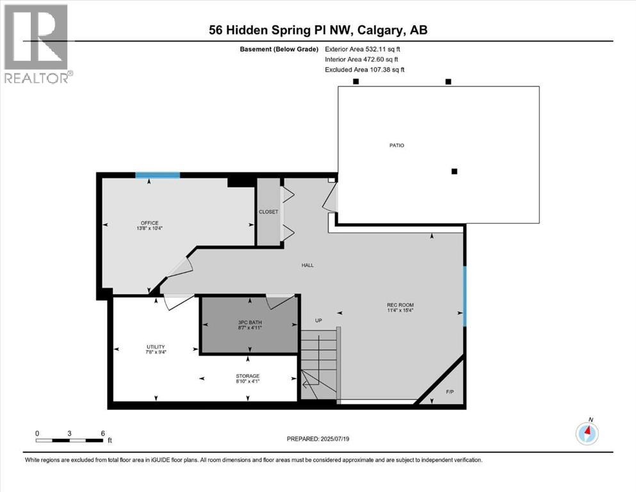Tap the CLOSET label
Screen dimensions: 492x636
(x=268, y=212)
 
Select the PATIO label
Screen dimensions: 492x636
(x=397, y=145)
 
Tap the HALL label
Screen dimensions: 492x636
(x=307, y=265)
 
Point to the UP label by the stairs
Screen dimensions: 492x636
(x=318, y=320)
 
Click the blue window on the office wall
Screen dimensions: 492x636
(x=158, y=175)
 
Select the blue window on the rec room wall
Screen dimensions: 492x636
(x=464, y=296)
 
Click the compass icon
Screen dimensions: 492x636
(x=587, y=433)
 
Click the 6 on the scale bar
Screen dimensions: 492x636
(x=103, y=432)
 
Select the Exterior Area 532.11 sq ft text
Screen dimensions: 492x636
(x=366, y=49)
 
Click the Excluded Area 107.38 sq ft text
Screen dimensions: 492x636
(x=366, y=69)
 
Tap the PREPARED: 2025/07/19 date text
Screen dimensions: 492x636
(x=318, y=439)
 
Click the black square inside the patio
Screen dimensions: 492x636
(x=454, y=171)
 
